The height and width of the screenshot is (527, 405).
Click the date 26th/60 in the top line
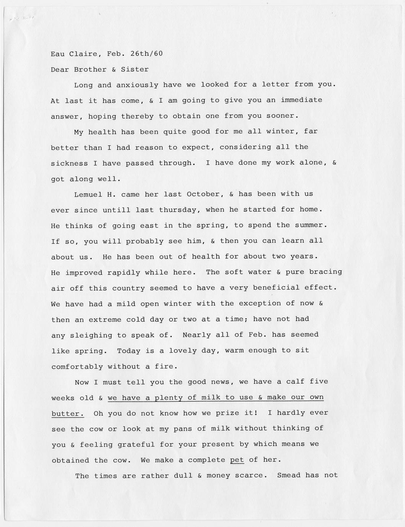point(146,54)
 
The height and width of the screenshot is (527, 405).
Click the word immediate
point(301,100)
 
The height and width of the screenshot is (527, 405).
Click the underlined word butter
point(67,413)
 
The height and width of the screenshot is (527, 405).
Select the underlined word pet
point(237,460)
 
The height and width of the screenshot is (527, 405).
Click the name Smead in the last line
point(288,476)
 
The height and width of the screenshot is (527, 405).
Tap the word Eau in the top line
point(58,54)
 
